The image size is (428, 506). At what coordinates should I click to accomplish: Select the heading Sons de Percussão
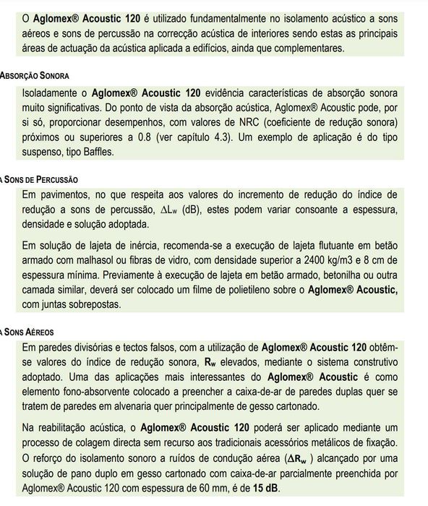pyautogui.click(x=39, y=179)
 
